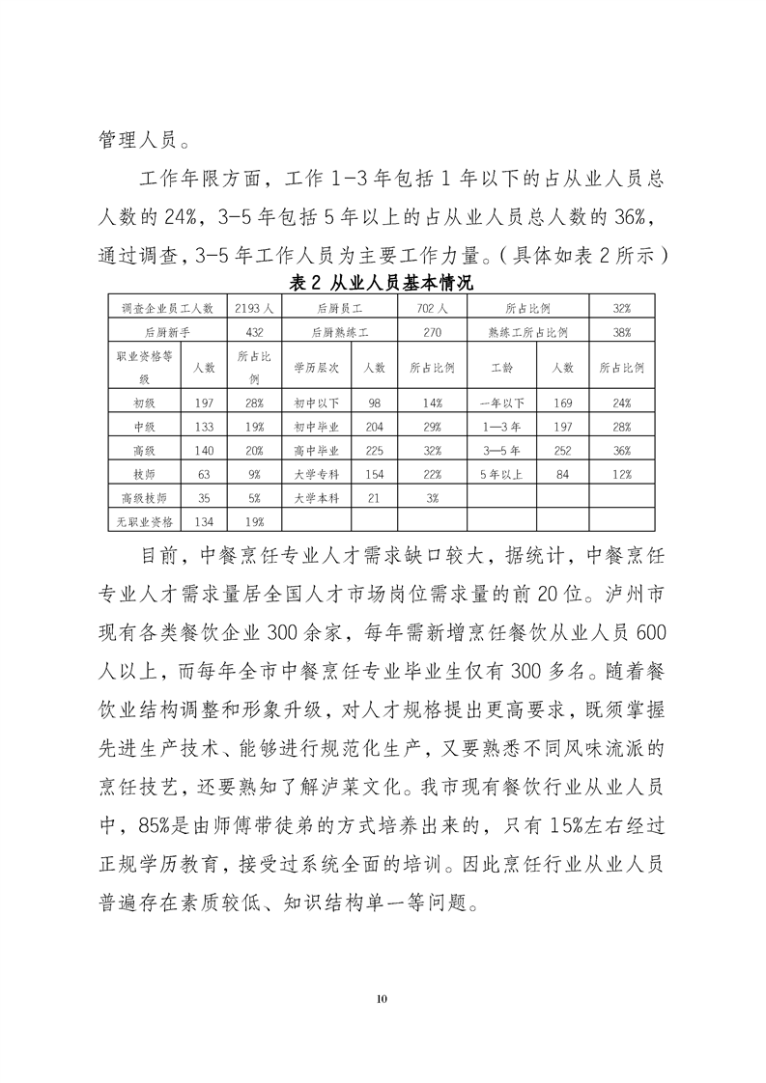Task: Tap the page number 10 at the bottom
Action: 383,997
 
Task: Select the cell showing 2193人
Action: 255,308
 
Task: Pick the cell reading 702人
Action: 432,308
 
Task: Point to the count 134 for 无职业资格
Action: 203,522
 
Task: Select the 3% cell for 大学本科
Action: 432,498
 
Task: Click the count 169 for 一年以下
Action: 563,403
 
